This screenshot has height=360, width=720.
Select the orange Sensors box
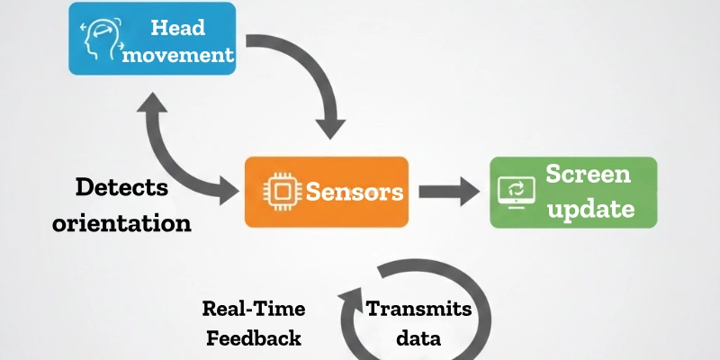coord(327,191)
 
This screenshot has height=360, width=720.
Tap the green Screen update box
coord(572,191)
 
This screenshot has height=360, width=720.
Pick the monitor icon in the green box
coord(517,192)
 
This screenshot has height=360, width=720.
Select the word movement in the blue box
coord(178,54)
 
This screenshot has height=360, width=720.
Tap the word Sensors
coord(353,192)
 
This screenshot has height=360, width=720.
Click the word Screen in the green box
coord(589,175)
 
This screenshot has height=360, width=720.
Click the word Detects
coord(121,187)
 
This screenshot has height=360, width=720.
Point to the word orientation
coord(121,221)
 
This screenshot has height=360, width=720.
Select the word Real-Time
coord(253,309)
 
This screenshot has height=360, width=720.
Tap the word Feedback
coord(253,337)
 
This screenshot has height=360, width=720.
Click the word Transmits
coord(418,309)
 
